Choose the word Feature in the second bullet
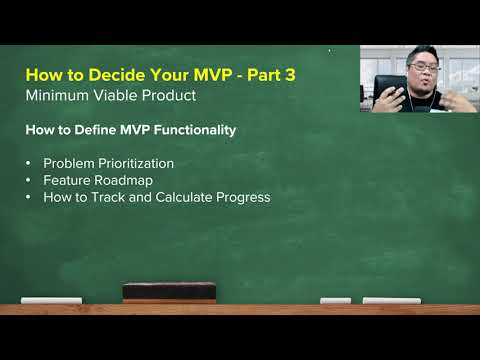click(x=66, y=180)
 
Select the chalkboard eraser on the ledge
click(x=168, y=292)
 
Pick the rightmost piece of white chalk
click(x=391, y=300)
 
